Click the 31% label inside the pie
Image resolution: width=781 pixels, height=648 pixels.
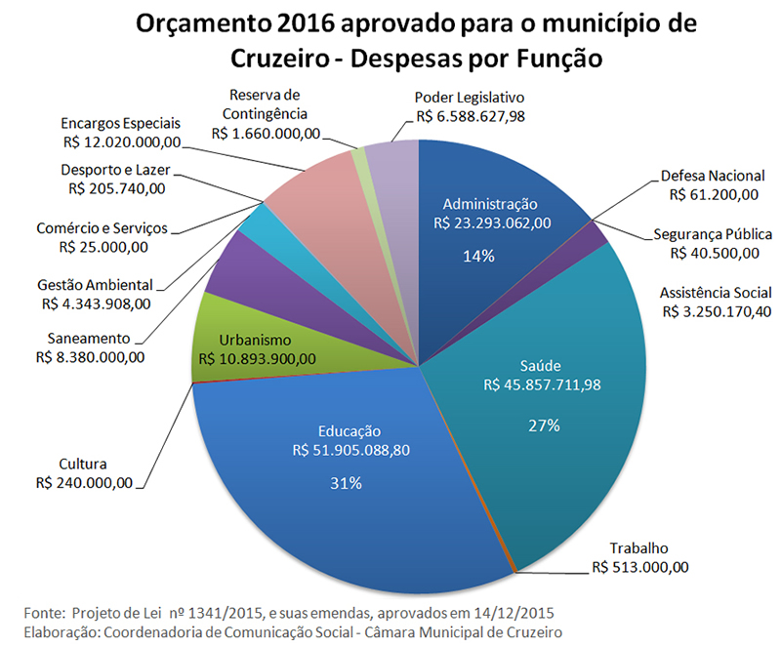(x=347, y=483)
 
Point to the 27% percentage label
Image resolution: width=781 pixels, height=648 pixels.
(x=544, y=425)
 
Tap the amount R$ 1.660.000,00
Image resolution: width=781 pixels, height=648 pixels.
(x=270, y=134)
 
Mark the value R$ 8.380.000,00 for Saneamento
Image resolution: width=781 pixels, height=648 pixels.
(x=89, y=356)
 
